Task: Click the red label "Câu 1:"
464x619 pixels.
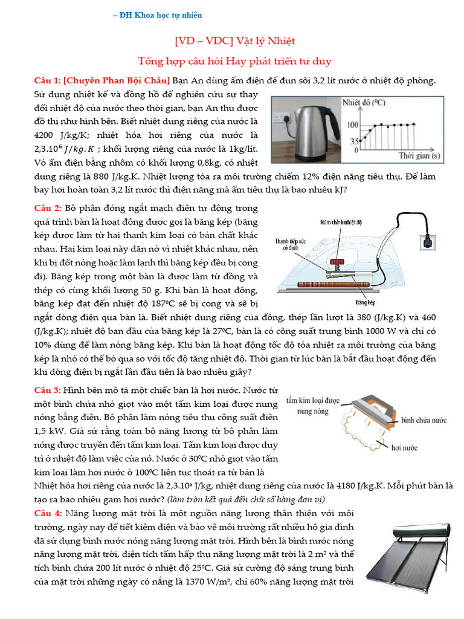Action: click(x=47, y=80)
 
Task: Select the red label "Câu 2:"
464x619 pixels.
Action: click(x=47, y=208)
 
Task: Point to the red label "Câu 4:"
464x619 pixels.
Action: click(x=47, y=513)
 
